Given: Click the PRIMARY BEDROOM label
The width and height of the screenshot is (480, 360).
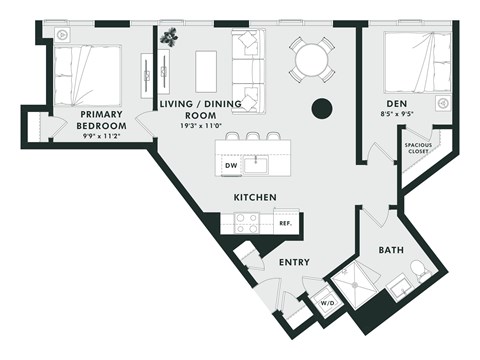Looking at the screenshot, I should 101,121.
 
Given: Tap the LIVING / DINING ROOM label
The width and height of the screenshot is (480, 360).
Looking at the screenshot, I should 196,109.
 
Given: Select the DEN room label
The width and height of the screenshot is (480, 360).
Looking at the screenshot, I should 401,103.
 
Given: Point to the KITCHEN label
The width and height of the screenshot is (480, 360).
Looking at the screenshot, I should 255,198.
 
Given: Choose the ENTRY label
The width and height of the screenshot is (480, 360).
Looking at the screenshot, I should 294,262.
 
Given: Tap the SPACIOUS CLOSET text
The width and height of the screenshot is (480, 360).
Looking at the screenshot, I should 418,149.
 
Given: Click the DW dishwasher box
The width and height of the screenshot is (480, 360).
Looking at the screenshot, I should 231,165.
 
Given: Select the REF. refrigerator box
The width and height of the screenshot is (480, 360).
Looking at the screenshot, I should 285,224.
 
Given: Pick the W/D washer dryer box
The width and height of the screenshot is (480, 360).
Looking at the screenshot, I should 327,303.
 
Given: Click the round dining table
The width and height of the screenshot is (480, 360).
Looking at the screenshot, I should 311,60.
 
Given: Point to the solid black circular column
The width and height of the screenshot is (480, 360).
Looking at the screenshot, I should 322,108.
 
